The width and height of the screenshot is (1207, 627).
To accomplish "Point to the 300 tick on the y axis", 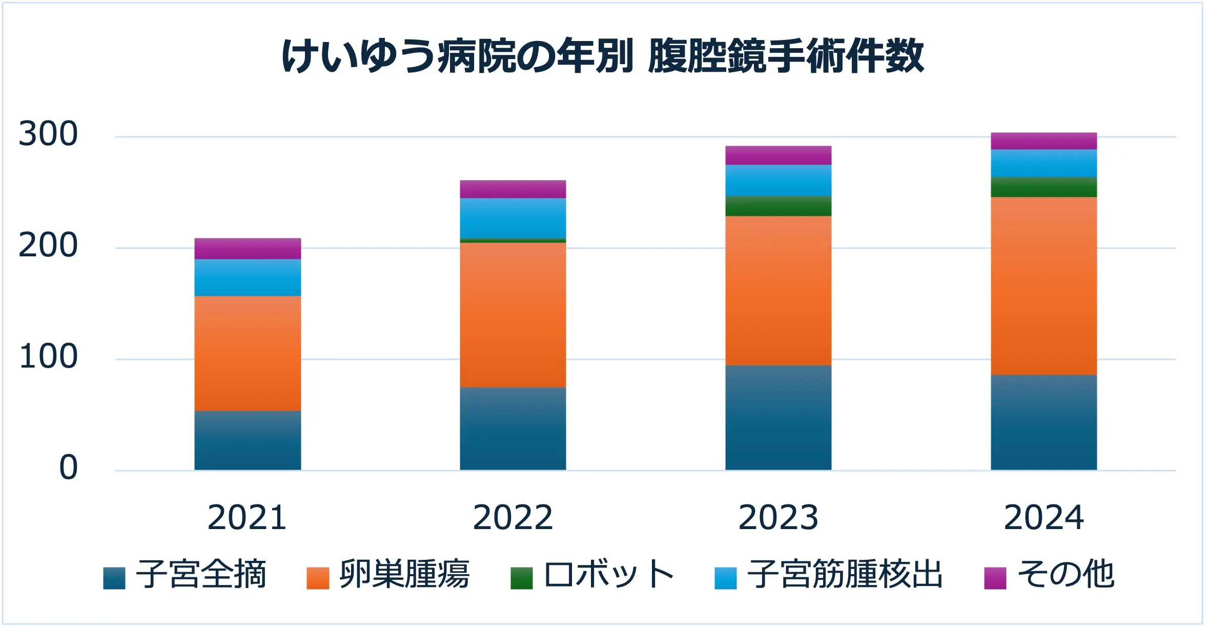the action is pos(48,134).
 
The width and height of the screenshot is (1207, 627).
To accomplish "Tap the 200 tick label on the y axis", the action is pos(48,246).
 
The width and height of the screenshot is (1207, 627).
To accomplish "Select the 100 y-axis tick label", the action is pos(48,357).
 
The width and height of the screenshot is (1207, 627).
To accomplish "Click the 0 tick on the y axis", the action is pos(69,468).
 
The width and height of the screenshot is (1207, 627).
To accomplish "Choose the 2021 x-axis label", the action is pos(247,518).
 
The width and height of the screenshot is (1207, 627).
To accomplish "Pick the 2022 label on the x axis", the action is pos(513,518).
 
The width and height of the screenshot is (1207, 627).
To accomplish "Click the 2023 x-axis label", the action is pos(779,518).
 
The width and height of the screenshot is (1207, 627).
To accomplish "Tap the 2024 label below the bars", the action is pos(1044,518).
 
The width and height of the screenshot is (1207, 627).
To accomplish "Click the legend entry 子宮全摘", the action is pos(185,575).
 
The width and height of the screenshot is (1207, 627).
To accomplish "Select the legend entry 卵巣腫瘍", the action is pos(388,575).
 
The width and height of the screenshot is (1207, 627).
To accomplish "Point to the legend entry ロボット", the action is pos(592,575).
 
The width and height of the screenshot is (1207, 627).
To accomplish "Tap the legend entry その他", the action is pos(1050,575).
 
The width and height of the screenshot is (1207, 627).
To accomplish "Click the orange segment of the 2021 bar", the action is pos(248,353).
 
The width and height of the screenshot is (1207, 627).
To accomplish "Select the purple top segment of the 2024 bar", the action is pos(1044,141).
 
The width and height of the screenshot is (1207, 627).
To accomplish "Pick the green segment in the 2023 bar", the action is pos(779,206).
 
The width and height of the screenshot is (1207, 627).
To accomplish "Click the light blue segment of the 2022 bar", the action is pos(513,218).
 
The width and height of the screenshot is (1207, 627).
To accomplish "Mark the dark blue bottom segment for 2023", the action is pos(779,418).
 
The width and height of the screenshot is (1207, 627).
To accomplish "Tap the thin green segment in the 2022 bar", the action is pos(513,240).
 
